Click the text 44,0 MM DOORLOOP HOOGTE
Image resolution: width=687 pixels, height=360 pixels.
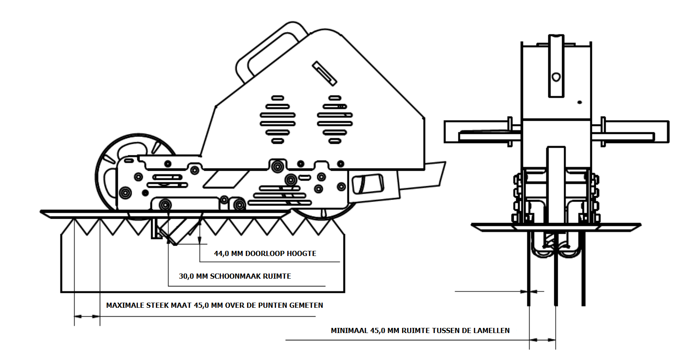[265, 253]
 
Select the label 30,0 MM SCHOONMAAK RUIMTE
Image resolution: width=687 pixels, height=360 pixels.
[235, 276]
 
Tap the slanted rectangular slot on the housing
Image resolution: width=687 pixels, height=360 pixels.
[324, 74]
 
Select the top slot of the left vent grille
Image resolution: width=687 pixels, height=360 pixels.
[277, 98]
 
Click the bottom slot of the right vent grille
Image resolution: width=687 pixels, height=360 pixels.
[335, 141]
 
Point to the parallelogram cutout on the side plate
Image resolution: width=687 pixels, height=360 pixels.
[226, 179]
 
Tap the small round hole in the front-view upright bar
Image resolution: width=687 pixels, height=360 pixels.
[556, 77]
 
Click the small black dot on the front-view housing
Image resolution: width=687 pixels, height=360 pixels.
[580, 102]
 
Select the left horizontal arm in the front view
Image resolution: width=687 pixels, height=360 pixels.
[482, 132]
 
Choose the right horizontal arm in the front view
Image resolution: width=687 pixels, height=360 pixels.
[630, 132]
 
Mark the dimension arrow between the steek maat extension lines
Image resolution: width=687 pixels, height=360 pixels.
[87, 316]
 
